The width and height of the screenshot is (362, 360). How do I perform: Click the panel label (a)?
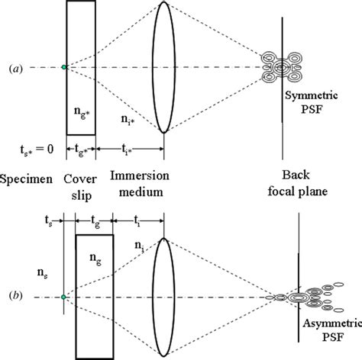click(x=15, y=68)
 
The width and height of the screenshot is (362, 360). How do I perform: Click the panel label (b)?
click(x=15, y=296)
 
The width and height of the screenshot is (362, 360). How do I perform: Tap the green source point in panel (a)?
click(x=64, y=68)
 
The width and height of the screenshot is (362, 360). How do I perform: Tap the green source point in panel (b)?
click(x=64, y=296)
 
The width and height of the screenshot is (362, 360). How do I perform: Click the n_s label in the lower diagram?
click(x=31, y=268)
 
